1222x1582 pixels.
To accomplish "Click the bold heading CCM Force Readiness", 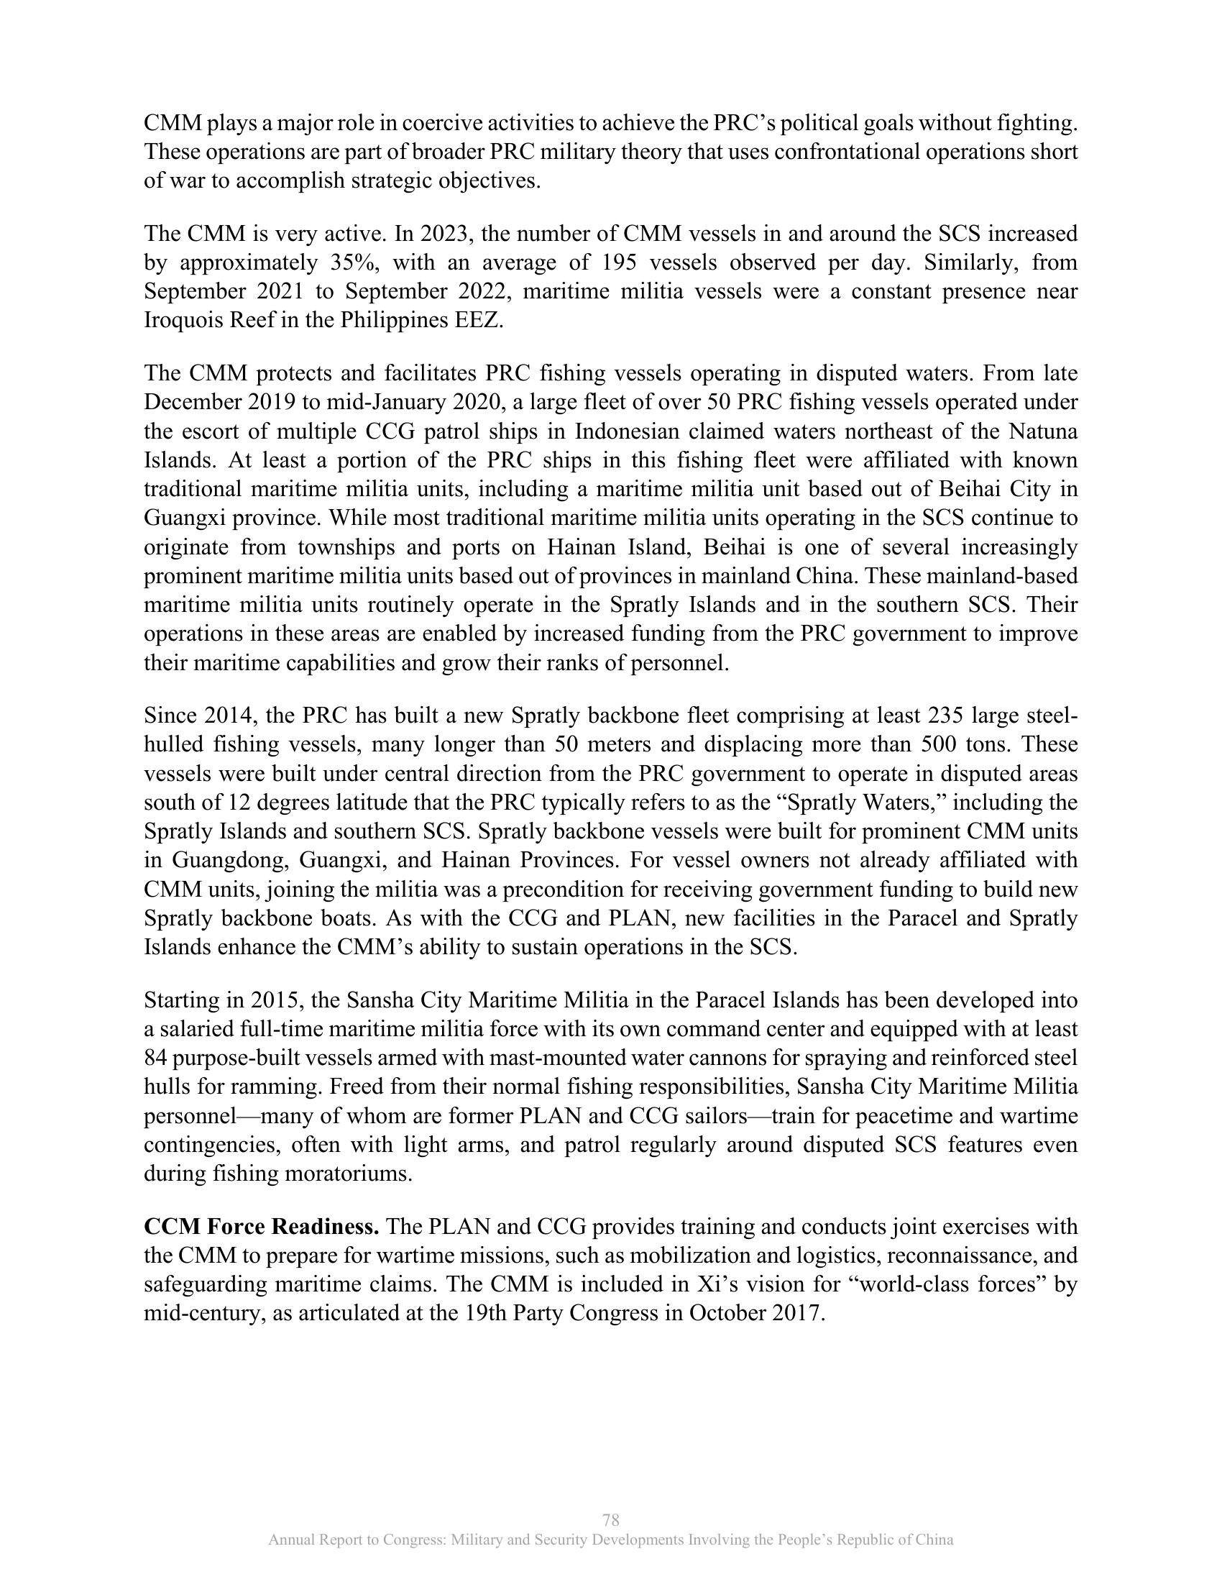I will pos(262,1227).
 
